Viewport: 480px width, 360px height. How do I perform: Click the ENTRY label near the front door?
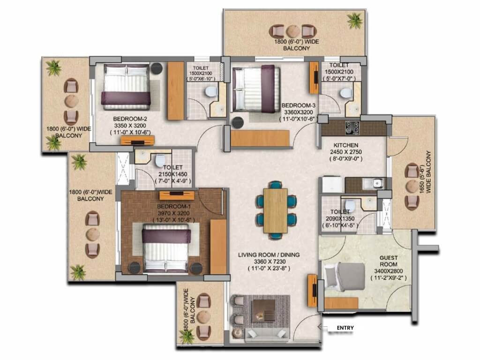345,328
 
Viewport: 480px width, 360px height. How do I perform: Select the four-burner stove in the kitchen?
352,127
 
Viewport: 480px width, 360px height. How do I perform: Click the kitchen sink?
373,183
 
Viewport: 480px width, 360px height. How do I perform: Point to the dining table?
276,210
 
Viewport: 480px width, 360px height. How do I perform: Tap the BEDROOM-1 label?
174,206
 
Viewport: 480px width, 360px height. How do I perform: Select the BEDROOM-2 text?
130,119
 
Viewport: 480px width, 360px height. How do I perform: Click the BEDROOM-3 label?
299,105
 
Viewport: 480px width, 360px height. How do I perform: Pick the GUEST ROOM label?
389,261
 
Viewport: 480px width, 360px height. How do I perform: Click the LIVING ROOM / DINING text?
269,255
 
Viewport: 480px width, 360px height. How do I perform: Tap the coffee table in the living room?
263,310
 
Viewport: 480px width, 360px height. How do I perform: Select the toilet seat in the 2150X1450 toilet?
160,160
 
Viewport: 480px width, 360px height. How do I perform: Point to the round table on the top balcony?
293,31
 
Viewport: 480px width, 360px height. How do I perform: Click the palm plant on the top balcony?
355,21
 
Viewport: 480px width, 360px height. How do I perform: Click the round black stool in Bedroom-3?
238,123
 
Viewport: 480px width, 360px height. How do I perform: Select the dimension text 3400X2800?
389,271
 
